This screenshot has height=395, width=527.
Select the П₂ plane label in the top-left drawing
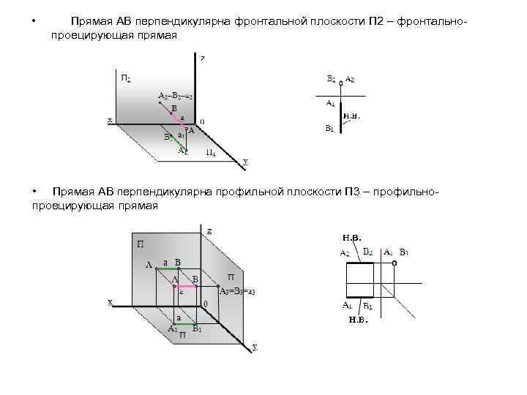click(126, 78)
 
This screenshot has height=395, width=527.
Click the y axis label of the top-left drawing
click(245, 161)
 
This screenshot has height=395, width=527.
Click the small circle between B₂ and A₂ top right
click(340, 83)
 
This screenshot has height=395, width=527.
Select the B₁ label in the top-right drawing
click(329, 129)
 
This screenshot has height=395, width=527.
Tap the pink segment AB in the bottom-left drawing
click(184, 287)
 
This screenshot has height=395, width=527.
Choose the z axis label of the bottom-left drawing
click(209, 231)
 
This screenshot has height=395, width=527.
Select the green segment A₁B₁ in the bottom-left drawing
click(184, 323)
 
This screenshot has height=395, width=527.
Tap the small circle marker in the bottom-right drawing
click(394, 262)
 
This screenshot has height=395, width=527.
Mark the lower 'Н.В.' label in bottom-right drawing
click(357, 320)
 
